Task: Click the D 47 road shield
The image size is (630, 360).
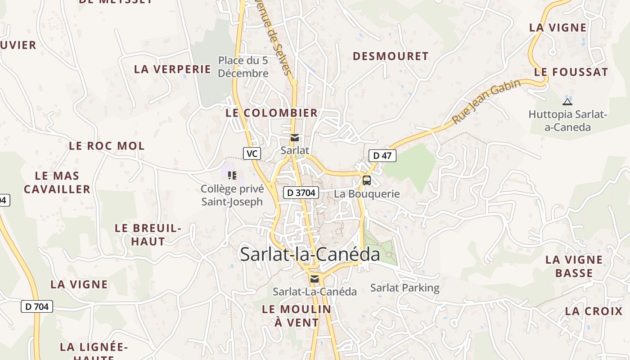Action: (x=382, y=156)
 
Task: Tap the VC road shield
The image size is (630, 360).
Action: (x=252, y=153)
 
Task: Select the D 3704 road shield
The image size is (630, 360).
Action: (x=301, y=193)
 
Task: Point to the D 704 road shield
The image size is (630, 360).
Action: (x=37, y=307)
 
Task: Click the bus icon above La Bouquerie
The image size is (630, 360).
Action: (x=367, y=180)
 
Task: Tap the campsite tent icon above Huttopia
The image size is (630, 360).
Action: (x=567, y=101)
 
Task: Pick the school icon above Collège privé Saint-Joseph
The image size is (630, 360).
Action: (x=232, y=175)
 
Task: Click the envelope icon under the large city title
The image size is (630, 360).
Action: (x=315, y=279)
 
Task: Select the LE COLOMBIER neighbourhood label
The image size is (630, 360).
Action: (x=272, y=113)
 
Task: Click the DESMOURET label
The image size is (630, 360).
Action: (x=391, y=56)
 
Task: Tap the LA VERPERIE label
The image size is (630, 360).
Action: (x=173, y=69)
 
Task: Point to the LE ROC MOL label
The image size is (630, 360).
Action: (x=107, y=146)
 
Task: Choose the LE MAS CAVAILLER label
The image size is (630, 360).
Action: (x=57, y=182)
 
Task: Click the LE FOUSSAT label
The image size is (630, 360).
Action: (x=571, y=72)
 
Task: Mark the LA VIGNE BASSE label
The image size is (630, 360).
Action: (x=574, y=266)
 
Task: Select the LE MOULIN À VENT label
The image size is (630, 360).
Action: (x=297, y=316)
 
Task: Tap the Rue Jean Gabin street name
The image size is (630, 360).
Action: (x=486, y=101)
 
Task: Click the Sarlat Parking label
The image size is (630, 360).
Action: (x=405, y=288)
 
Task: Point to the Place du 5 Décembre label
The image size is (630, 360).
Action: (x=243, y=67)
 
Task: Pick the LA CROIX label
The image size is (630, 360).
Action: (x=594, y=311)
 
